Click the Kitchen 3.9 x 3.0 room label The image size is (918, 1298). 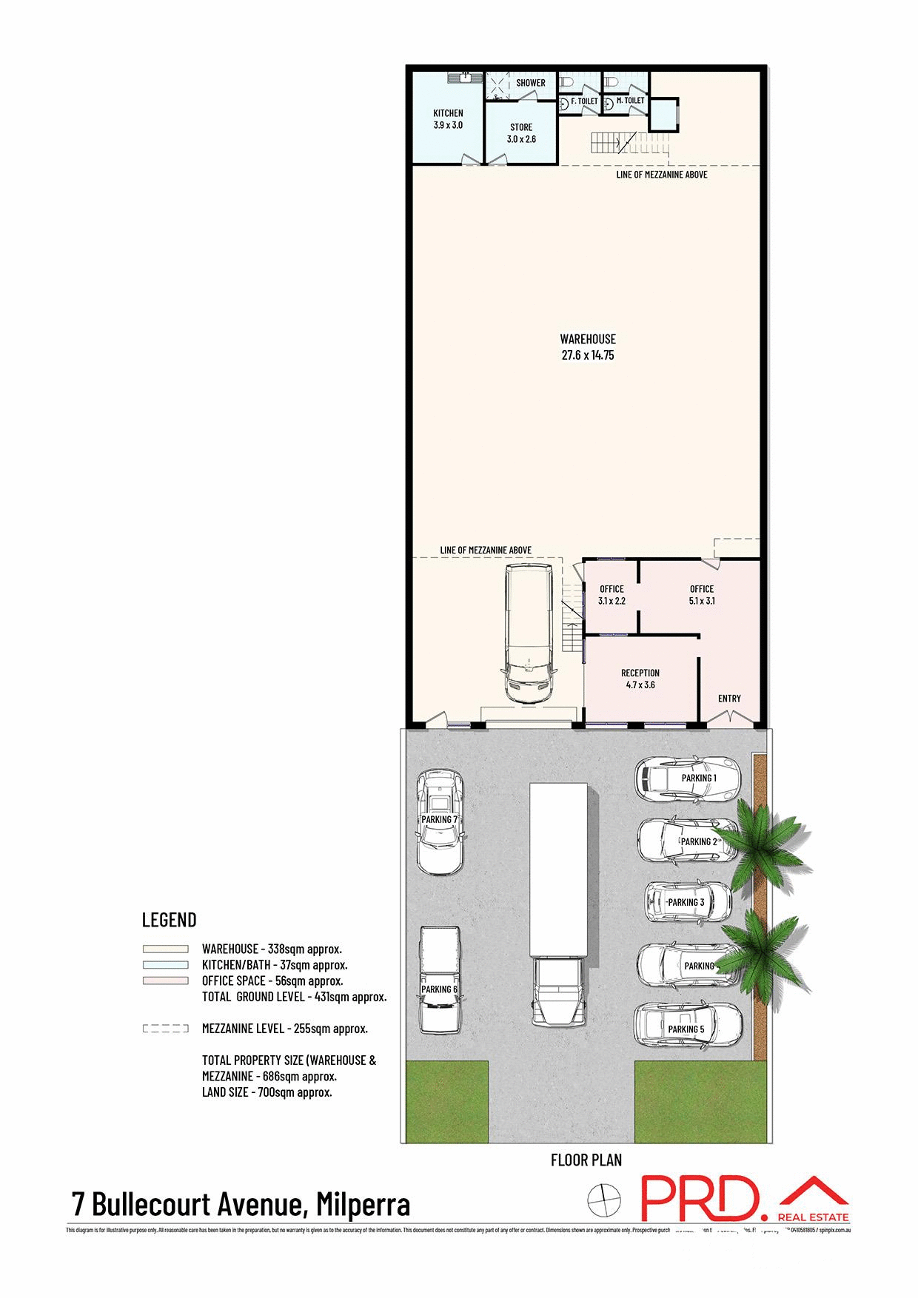coord(448,119)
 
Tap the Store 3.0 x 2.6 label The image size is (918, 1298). coord(521,133)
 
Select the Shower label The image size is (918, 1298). coord(530,83)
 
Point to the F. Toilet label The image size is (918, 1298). coord(584,101)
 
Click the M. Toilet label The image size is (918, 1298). coord(630,101)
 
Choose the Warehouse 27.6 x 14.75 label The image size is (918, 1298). coord(587,347)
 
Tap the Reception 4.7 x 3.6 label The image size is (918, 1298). coord(640,679)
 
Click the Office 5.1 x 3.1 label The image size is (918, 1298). coord(702,595)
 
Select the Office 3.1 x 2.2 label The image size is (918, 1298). coord(612,595)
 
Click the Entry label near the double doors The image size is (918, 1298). coord(729,699)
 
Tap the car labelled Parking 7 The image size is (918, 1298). coord(440,821)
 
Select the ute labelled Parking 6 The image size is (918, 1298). coord(440,978)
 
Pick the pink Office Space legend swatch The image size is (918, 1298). coord(166,981)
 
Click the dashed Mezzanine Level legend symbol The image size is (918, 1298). coord(166,1029)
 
